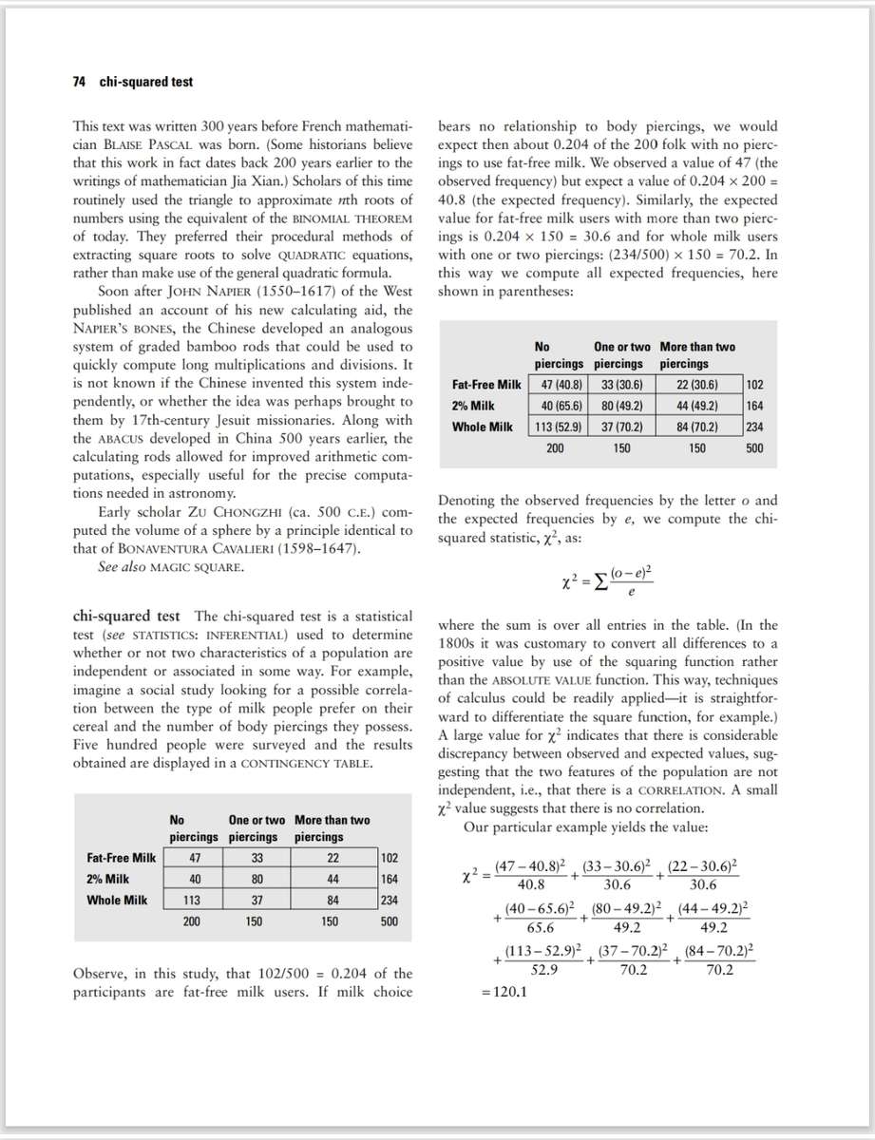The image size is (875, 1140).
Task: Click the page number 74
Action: pos(80,82)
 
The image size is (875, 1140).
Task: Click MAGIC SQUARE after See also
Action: pos(200,567)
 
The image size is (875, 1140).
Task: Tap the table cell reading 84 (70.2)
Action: pos(696,427)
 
